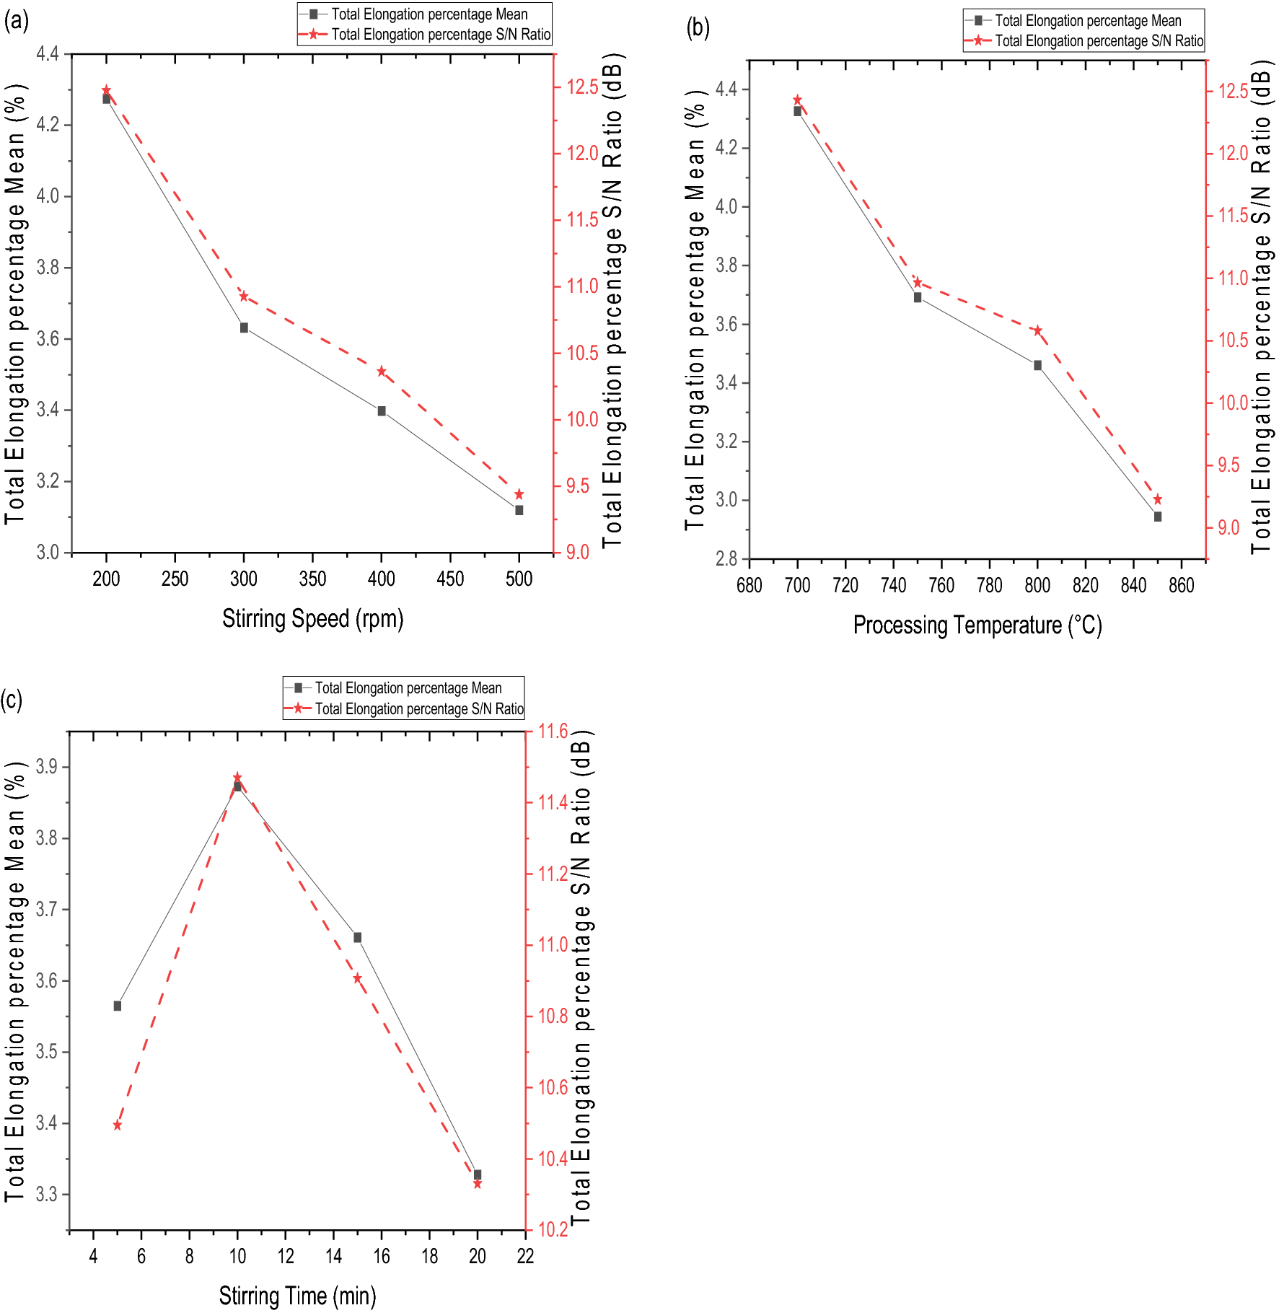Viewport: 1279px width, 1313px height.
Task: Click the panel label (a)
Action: point(16,21)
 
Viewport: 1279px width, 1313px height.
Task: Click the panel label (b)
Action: point(698,27)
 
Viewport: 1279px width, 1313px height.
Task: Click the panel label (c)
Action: point(12,700)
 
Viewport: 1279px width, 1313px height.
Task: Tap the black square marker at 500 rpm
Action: point(519,510)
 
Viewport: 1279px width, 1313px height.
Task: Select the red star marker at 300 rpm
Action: point(244,296)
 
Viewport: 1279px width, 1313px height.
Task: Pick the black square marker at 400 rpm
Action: point(382,410)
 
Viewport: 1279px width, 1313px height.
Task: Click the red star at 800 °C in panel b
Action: point(1037,330)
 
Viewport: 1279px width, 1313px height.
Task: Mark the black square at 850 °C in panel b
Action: point(1158,517)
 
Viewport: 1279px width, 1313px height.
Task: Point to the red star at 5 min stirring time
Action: point(118,1125)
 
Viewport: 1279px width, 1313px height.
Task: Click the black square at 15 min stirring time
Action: point(357,937)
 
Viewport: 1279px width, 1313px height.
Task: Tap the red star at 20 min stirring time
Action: point(478,1184)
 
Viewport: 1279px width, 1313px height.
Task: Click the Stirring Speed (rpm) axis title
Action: point(312,618)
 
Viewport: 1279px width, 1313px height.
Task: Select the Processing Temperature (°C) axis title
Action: point(977,625)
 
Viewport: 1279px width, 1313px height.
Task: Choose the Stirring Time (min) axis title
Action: point(297,1296)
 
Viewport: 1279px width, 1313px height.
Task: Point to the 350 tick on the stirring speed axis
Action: point(312,579)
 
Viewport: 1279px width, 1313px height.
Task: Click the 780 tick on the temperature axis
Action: point(989,585)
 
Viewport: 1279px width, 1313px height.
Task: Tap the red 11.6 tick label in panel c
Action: point(553,732)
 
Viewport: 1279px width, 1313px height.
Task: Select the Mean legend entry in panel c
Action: point(408,688)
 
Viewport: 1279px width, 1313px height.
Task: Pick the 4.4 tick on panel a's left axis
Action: point(48,53)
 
